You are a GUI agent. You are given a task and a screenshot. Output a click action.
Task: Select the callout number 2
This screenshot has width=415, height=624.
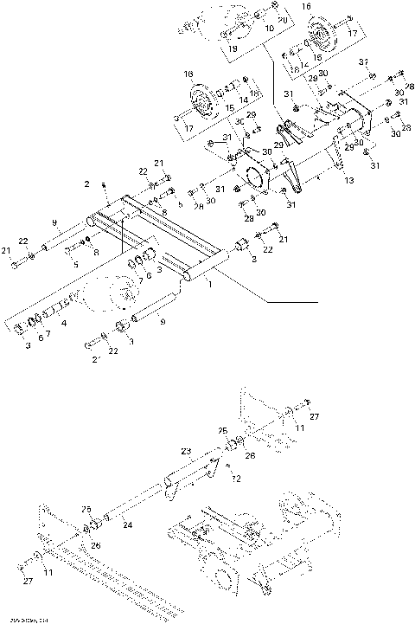click(86, 183)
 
